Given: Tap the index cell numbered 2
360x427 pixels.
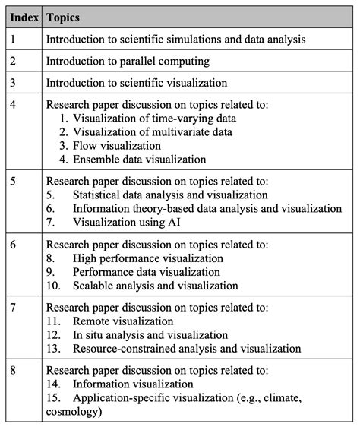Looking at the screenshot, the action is pos(16,61).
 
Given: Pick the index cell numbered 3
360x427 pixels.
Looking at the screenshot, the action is pos(16,83).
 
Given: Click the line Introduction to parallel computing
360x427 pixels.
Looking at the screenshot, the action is pos(127,61).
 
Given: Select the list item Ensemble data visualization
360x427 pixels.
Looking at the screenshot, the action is pos(140,160).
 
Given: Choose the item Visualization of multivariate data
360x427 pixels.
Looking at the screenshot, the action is pos(152,131).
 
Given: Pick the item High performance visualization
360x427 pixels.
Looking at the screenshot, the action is pos(147,258).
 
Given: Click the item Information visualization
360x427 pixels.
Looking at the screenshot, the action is pos(133,384).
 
